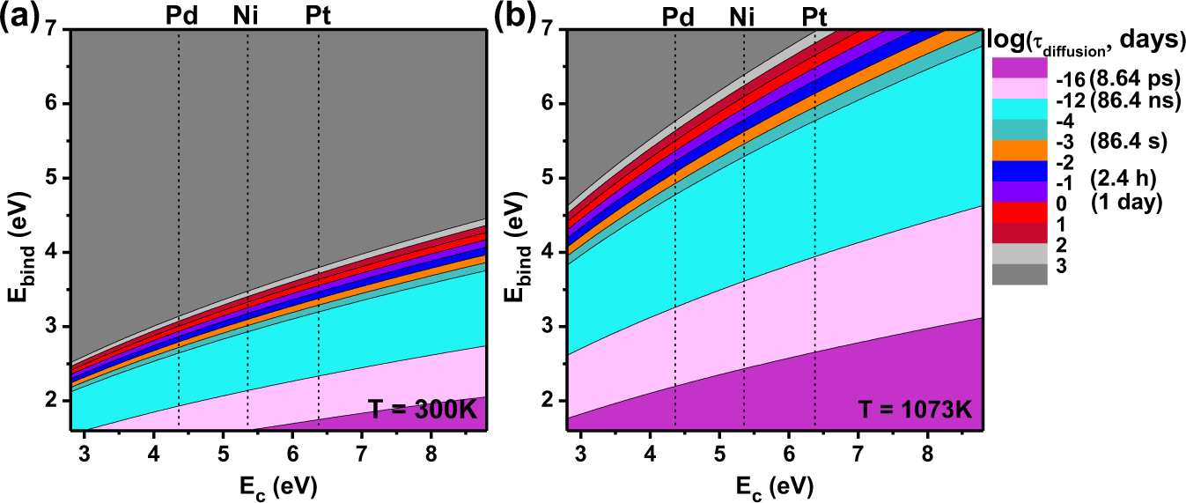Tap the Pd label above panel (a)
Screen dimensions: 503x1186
pyautogui.click(x=180, y=15)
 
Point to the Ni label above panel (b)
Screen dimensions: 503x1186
pyautogui.click(x=744, y=15)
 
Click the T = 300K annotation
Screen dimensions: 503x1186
pyautogui.click(x=426, y=410)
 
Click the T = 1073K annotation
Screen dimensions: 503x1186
pyautogui.click(x=916, y=410)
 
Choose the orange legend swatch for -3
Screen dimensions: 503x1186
pyautogui.click(x=1020, y=149)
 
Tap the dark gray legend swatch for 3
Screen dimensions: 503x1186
pyautogui.click(x=1020, y=274)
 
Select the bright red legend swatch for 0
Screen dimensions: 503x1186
pyautogui.click(x=1020, y=211)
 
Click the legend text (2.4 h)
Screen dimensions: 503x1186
pyautogui.click(x=1123, y=180)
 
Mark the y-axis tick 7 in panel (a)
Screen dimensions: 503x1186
pyautogui.click(x=55, y=29)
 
